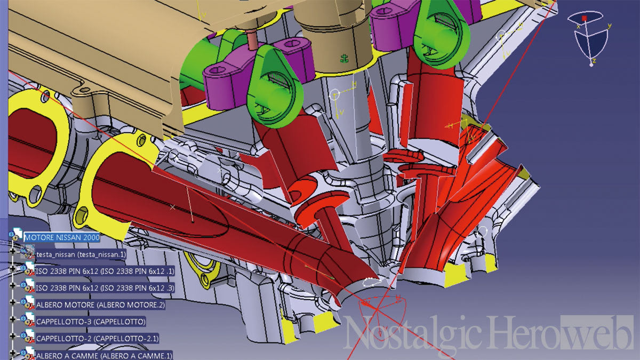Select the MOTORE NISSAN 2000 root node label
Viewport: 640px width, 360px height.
(x=62, y=237)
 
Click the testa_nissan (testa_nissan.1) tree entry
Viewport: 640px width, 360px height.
(x=81, y=254)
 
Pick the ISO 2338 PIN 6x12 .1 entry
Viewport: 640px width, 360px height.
(x=105, y=271)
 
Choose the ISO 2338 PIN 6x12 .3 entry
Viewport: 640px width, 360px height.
(x=105, y=288)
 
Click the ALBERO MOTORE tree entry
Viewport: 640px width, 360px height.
(x=101, y=305)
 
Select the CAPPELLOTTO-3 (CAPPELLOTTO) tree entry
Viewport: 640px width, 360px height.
(x=91, y=322)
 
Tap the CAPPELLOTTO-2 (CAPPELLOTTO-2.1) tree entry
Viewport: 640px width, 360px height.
(x=97, y=339)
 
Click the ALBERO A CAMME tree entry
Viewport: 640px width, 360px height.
(x=105, y=356)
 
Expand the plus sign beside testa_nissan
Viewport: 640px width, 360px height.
(x=12, y=251)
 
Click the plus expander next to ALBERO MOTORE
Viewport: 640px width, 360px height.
(x=12, y=302)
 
